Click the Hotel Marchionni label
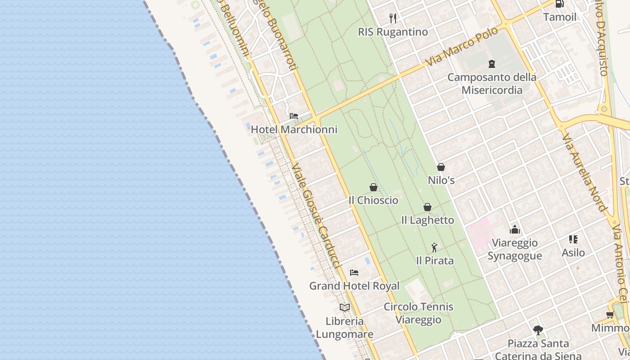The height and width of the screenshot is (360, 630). (x=294, y=130)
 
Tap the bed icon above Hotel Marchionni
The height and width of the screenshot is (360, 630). (x=294, y=116)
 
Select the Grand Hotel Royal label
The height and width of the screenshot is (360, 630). (x=354, y=286)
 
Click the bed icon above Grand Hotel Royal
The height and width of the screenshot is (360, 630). (x=354, y=272)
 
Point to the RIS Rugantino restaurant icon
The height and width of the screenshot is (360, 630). (x=393, y=18)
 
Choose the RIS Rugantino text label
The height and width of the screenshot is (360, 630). (x=393, y=32)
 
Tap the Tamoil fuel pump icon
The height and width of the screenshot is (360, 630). (x=559, y=4)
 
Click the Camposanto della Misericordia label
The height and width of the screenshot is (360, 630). (x=492, y=83)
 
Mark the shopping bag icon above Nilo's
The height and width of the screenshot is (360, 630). (x=441, y=167)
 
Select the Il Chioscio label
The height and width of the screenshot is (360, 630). (x=373, y=200)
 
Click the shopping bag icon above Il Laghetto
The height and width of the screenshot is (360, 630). (x=427, y=207)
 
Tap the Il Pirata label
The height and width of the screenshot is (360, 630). (x=435, y=261)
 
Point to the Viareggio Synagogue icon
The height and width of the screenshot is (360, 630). (x=515, y=230)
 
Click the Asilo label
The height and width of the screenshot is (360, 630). (x=573, y=252)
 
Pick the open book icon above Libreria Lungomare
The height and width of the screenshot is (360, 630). (x=345, y=307)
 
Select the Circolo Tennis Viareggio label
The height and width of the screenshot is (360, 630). (x=418, y=313)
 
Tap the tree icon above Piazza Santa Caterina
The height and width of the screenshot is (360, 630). (x=538, y=330)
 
